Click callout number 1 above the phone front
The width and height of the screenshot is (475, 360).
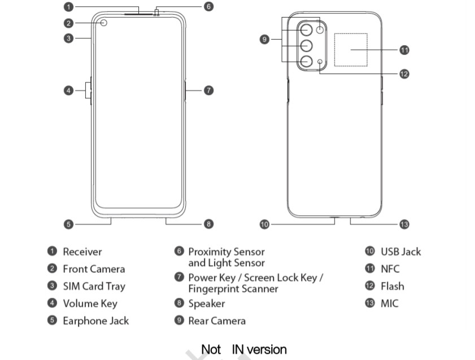point(68,7)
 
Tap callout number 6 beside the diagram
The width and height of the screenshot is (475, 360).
point(208,7)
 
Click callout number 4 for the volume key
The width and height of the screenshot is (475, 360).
point(68,90)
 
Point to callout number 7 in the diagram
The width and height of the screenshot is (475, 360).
point(208,90)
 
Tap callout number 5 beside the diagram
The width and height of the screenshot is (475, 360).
point(68,224)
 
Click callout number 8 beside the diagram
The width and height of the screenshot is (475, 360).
point(208,224)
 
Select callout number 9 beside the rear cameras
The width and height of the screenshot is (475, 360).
point(264,40)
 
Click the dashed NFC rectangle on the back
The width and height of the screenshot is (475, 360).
point(350,50)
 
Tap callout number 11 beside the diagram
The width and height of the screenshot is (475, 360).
point(404,50)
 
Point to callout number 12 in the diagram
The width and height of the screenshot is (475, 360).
point(404,73)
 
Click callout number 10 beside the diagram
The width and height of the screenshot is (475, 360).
point(264,224)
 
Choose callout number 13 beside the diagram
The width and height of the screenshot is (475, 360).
point(404,224)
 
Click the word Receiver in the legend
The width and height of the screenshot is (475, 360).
point(82,252)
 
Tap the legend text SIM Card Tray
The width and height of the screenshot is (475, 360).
point(94,287)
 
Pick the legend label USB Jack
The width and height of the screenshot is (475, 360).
point(400,252)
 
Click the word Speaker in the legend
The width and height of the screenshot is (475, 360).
point(207,303)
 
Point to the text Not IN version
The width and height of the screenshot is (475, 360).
point(244,349)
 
